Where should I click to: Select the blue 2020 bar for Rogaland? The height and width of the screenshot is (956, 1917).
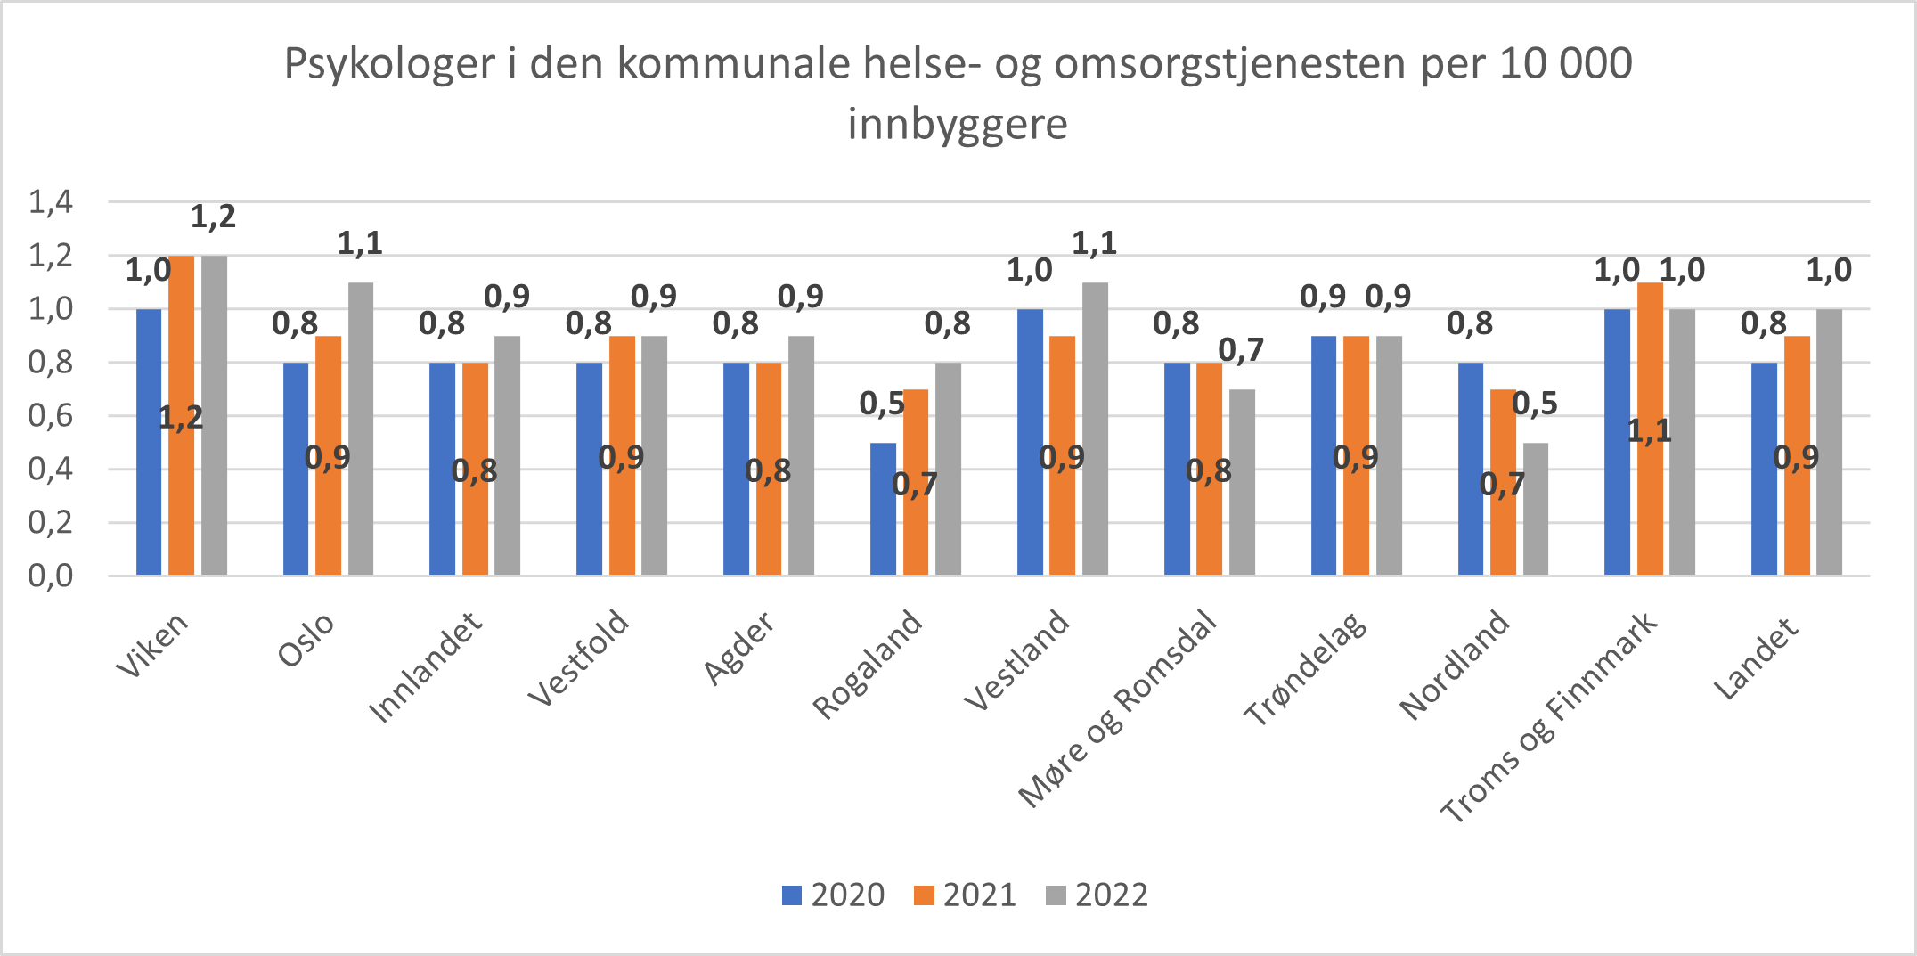883,509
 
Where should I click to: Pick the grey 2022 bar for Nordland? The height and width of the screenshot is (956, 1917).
1536,509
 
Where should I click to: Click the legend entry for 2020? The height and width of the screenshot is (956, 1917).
834,895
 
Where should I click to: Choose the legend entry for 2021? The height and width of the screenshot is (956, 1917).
966,895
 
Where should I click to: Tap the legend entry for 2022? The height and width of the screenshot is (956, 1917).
1097,895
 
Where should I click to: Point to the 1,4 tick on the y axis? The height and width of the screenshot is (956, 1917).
51,202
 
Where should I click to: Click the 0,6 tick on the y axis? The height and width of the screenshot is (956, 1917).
51,416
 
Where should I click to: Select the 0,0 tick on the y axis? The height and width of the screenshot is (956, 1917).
51,576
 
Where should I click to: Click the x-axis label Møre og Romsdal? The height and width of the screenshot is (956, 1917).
1118,708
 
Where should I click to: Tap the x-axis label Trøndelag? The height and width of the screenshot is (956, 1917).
1305,669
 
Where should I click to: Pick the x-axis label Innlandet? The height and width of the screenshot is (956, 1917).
426,666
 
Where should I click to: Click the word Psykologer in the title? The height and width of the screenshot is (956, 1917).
388,64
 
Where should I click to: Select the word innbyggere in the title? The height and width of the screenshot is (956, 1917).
958,124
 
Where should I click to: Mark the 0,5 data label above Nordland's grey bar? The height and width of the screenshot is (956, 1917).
1535,404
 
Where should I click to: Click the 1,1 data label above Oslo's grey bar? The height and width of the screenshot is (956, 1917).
360,243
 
